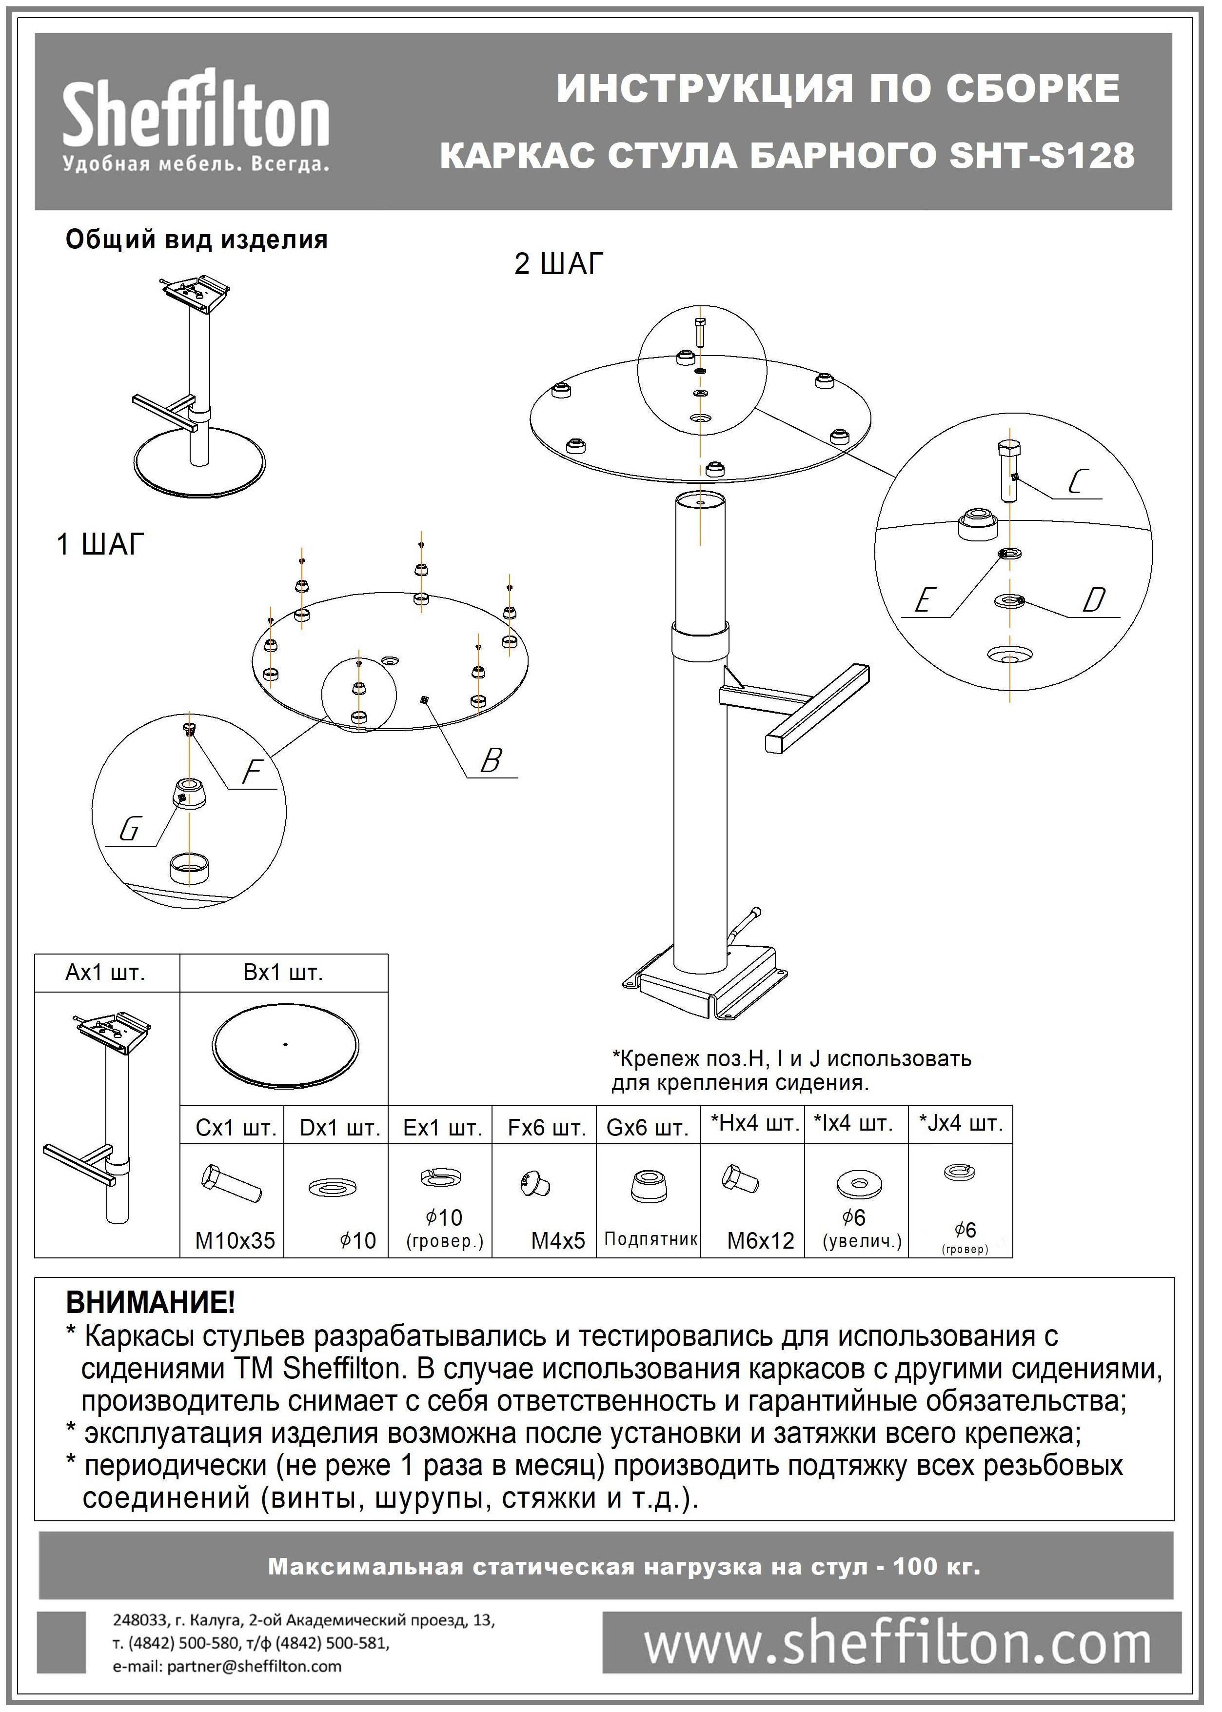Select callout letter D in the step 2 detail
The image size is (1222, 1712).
[x=1093, y=600]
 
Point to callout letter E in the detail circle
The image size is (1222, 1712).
[x=923, y=600]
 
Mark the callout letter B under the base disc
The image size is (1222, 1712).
[x=491, y=761]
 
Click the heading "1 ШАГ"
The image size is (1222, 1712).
[x=100, y=544]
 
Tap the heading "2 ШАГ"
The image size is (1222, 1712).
[x=559, y=264]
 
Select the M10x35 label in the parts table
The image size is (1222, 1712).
[x=235, y=1241]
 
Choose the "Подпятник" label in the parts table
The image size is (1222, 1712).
[x=650, y=1239]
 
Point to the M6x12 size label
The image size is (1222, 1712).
[x=760, y=1241]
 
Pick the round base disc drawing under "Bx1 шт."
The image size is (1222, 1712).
[x=286, y=1046]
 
